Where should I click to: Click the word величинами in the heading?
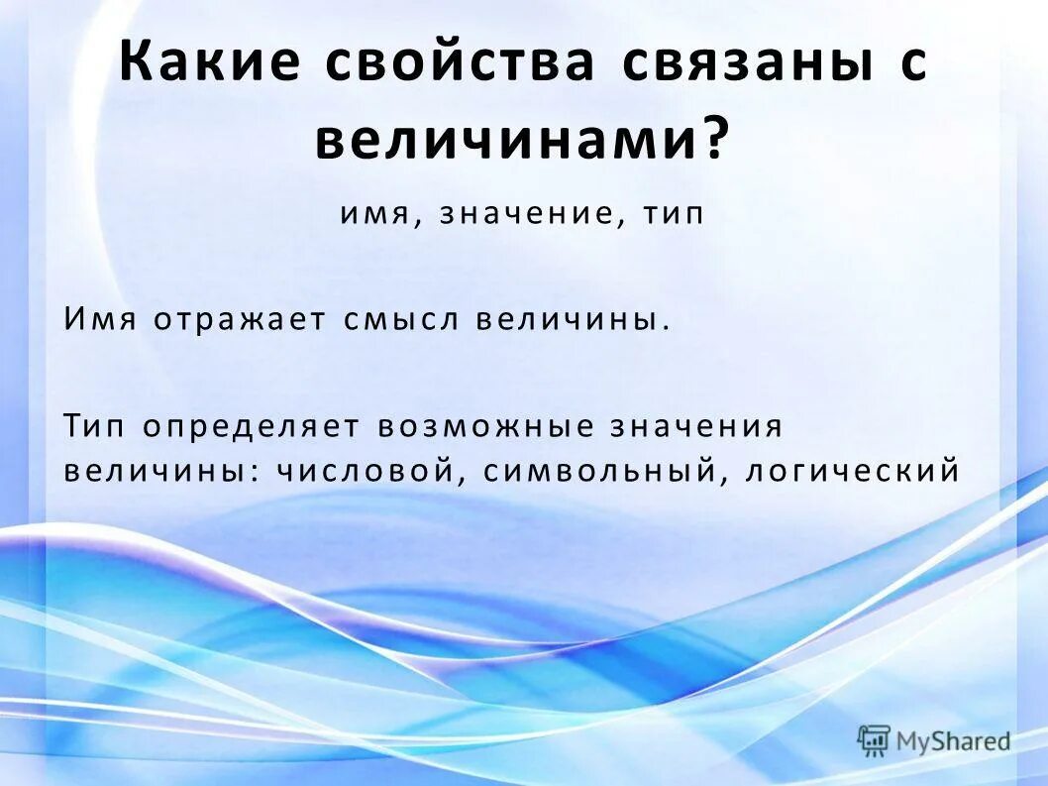(x=509, y=141)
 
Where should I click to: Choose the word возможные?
(x=485, y=426)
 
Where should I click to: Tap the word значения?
(x=699, y=426)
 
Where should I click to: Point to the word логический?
(x=852, y=469)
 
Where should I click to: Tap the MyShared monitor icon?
(x=874, y=739)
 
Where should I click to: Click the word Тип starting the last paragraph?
(x=96, y=426)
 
